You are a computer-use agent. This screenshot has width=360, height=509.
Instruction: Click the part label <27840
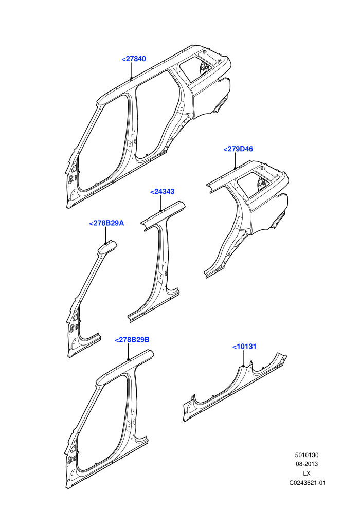click(x=134, y=59)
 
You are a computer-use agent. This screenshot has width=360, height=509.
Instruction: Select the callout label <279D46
click(x=238, y=149)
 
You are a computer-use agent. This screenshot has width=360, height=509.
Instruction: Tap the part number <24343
click(x=163, y=192)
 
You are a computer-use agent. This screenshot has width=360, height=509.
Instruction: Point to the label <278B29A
click(x=106, y=223)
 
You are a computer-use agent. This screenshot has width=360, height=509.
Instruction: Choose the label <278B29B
click(x=132, y=339)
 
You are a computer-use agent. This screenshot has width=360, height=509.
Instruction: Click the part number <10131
click(x=244, y=347)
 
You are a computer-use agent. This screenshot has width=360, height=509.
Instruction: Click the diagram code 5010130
click(x=307, y=455)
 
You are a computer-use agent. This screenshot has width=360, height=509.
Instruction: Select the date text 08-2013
click(x=307, y=464)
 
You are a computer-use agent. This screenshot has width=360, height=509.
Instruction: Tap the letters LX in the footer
click(x=307, y=474)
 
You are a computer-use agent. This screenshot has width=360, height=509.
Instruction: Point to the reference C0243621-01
click(x=307, y=483)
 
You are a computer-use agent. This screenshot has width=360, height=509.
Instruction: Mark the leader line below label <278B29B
click(x=129, y=351)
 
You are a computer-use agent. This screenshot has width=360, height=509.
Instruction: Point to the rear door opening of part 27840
click(x=155, y=114)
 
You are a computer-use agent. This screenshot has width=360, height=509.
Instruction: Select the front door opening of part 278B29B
click(x=101, y=422)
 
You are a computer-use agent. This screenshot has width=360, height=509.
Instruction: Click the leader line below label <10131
click(x=243, y=358)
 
